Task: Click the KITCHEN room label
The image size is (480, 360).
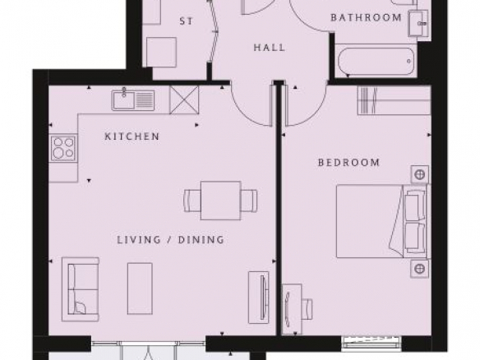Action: coord(132,136)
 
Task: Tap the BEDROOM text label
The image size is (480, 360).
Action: coord(349,162)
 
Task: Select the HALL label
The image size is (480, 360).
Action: coord(270,48)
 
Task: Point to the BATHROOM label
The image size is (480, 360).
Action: coord(366,17)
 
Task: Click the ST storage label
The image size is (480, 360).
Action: coord(186,21)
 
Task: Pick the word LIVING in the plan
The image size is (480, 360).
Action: coord(139,239)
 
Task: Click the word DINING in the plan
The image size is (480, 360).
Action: coord(201,239)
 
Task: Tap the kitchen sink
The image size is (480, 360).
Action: coord(133,99)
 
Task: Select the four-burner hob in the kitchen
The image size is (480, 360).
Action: coord(63,149)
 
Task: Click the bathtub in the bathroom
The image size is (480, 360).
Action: coord(376,61)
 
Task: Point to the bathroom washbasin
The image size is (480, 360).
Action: coord(418,24)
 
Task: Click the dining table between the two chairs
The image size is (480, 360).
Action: coord(221,201)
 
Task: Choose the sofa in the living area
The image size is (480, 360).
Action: coord(81,289)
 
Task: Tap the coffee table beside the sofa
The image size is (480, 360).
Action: coord(140,288)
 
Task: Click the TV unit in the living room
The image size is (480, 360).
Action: coord(259,298)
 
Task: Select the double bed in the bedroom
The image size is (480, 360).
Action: coord(382,221)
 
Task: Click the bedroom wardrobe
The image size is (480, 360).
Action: coord(395,101)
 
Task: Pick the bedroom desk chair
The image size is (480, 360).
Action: coord(307,309)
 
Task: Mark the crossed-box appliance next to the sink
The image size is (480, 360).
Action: coord(184,99)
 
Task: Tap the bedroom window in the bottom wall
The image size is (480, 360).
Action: coord(372,343)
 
